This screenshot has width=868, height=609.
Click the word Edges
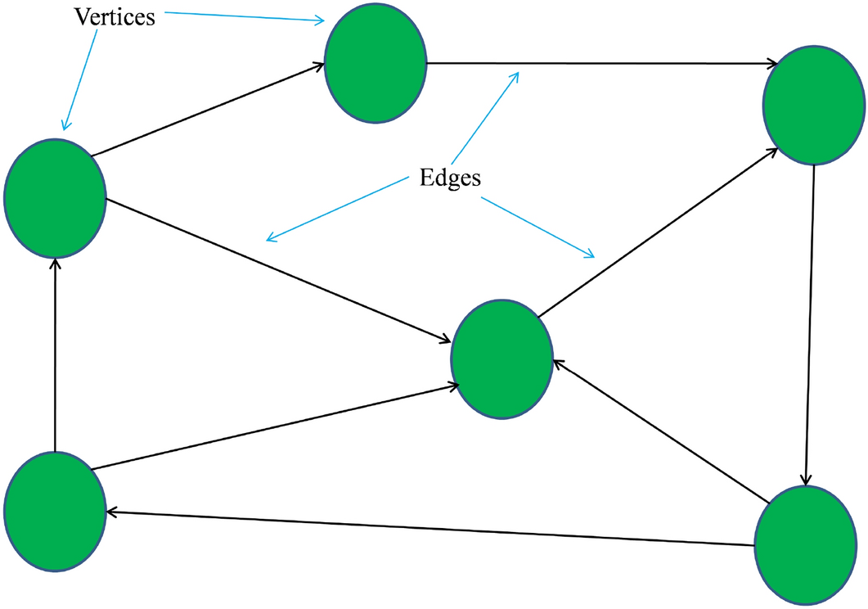450,178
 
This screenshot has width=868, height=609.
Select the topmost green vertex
376,63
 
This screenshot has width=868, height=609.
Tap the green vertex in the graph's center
501,359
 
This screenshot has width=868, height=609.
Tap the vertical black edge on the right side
810,327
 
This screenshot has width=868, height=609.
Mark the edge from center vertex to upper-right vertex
659,232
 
